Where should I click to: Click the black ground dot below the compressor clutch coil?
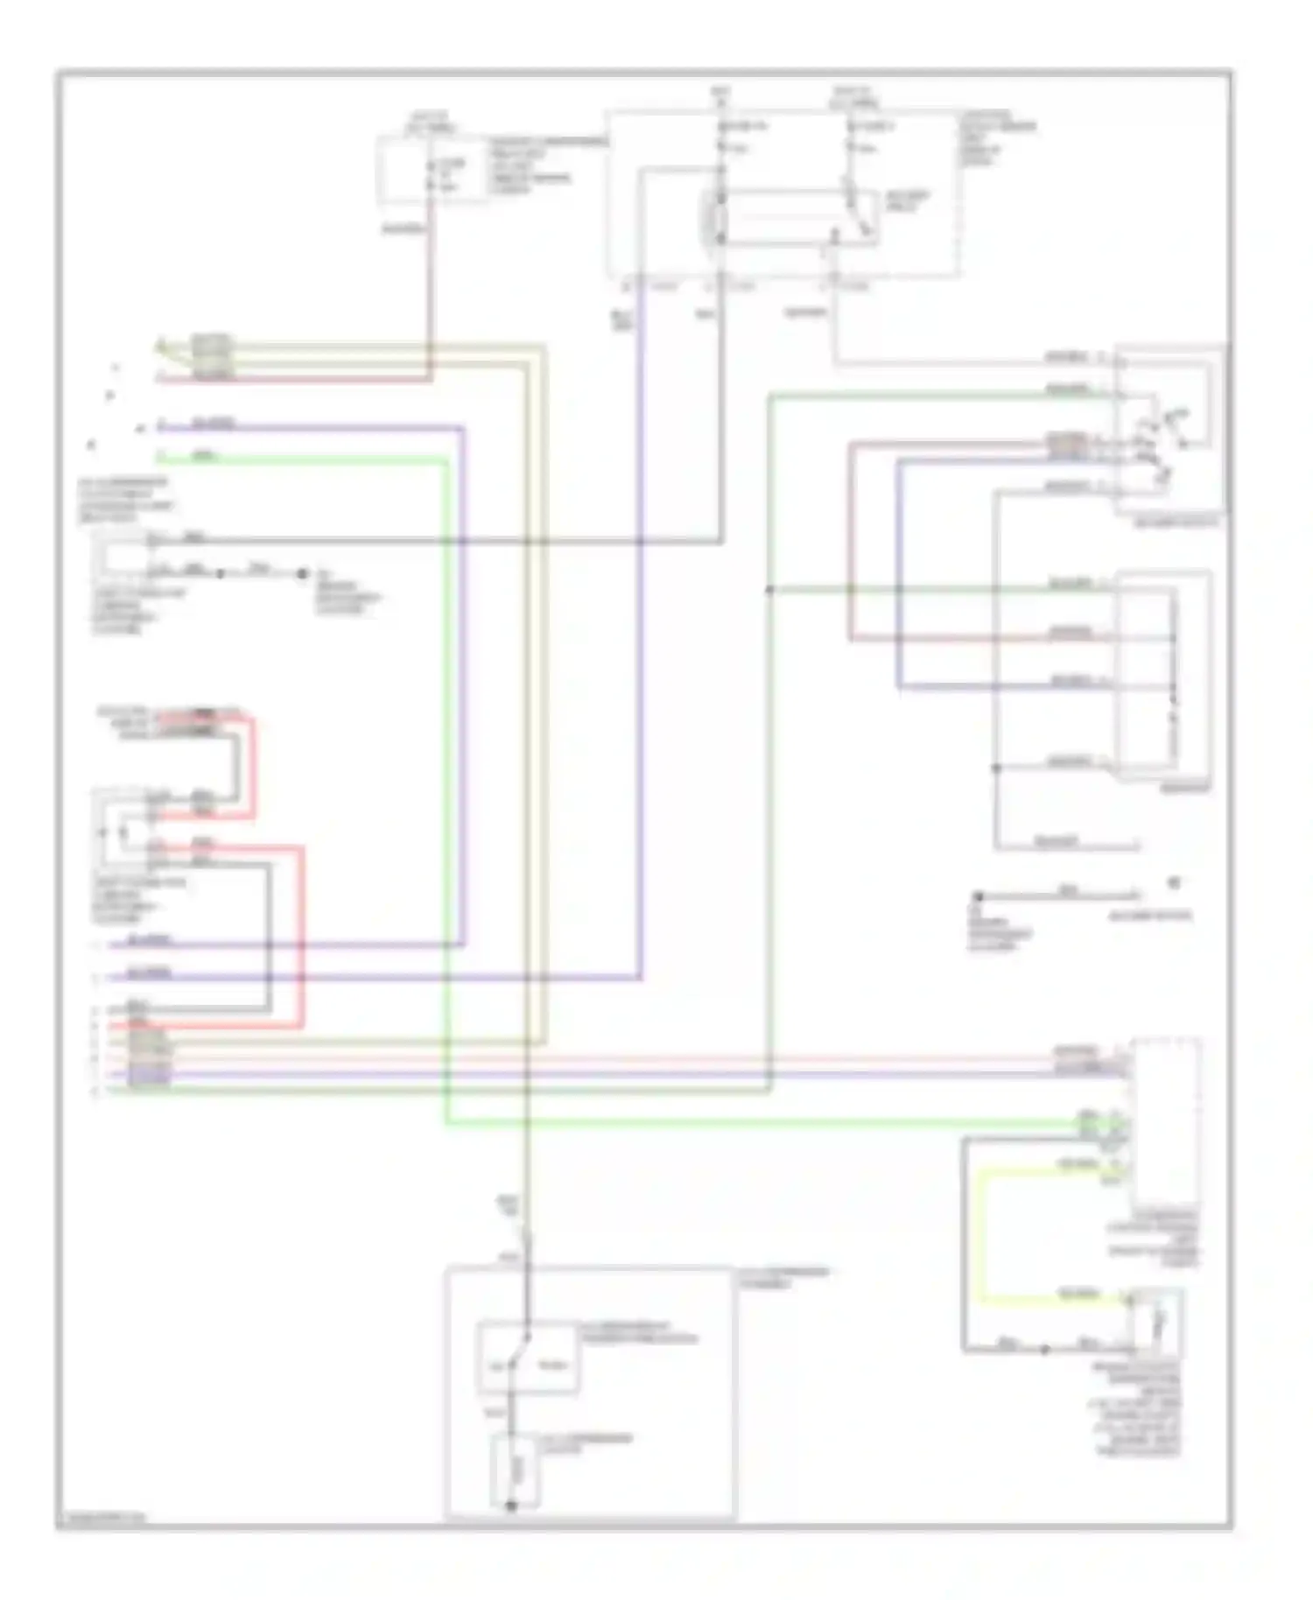(x=510, y=1505)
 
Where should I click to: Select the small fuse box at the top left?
(x=432, y=172)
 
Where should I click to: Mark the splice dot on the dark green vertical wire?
(x=769, y=590)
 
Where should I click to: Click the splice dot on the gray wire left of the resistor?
(x=995, y=768)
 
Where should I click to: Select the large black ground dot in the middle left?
(x=302, y=573)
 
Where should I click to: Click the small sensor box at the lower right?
(x=1155, y=1322)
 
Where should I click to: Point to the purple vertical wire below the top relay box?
(x=642, y=613)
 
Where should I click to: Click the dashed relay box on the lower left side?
(x=123, y=827)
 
